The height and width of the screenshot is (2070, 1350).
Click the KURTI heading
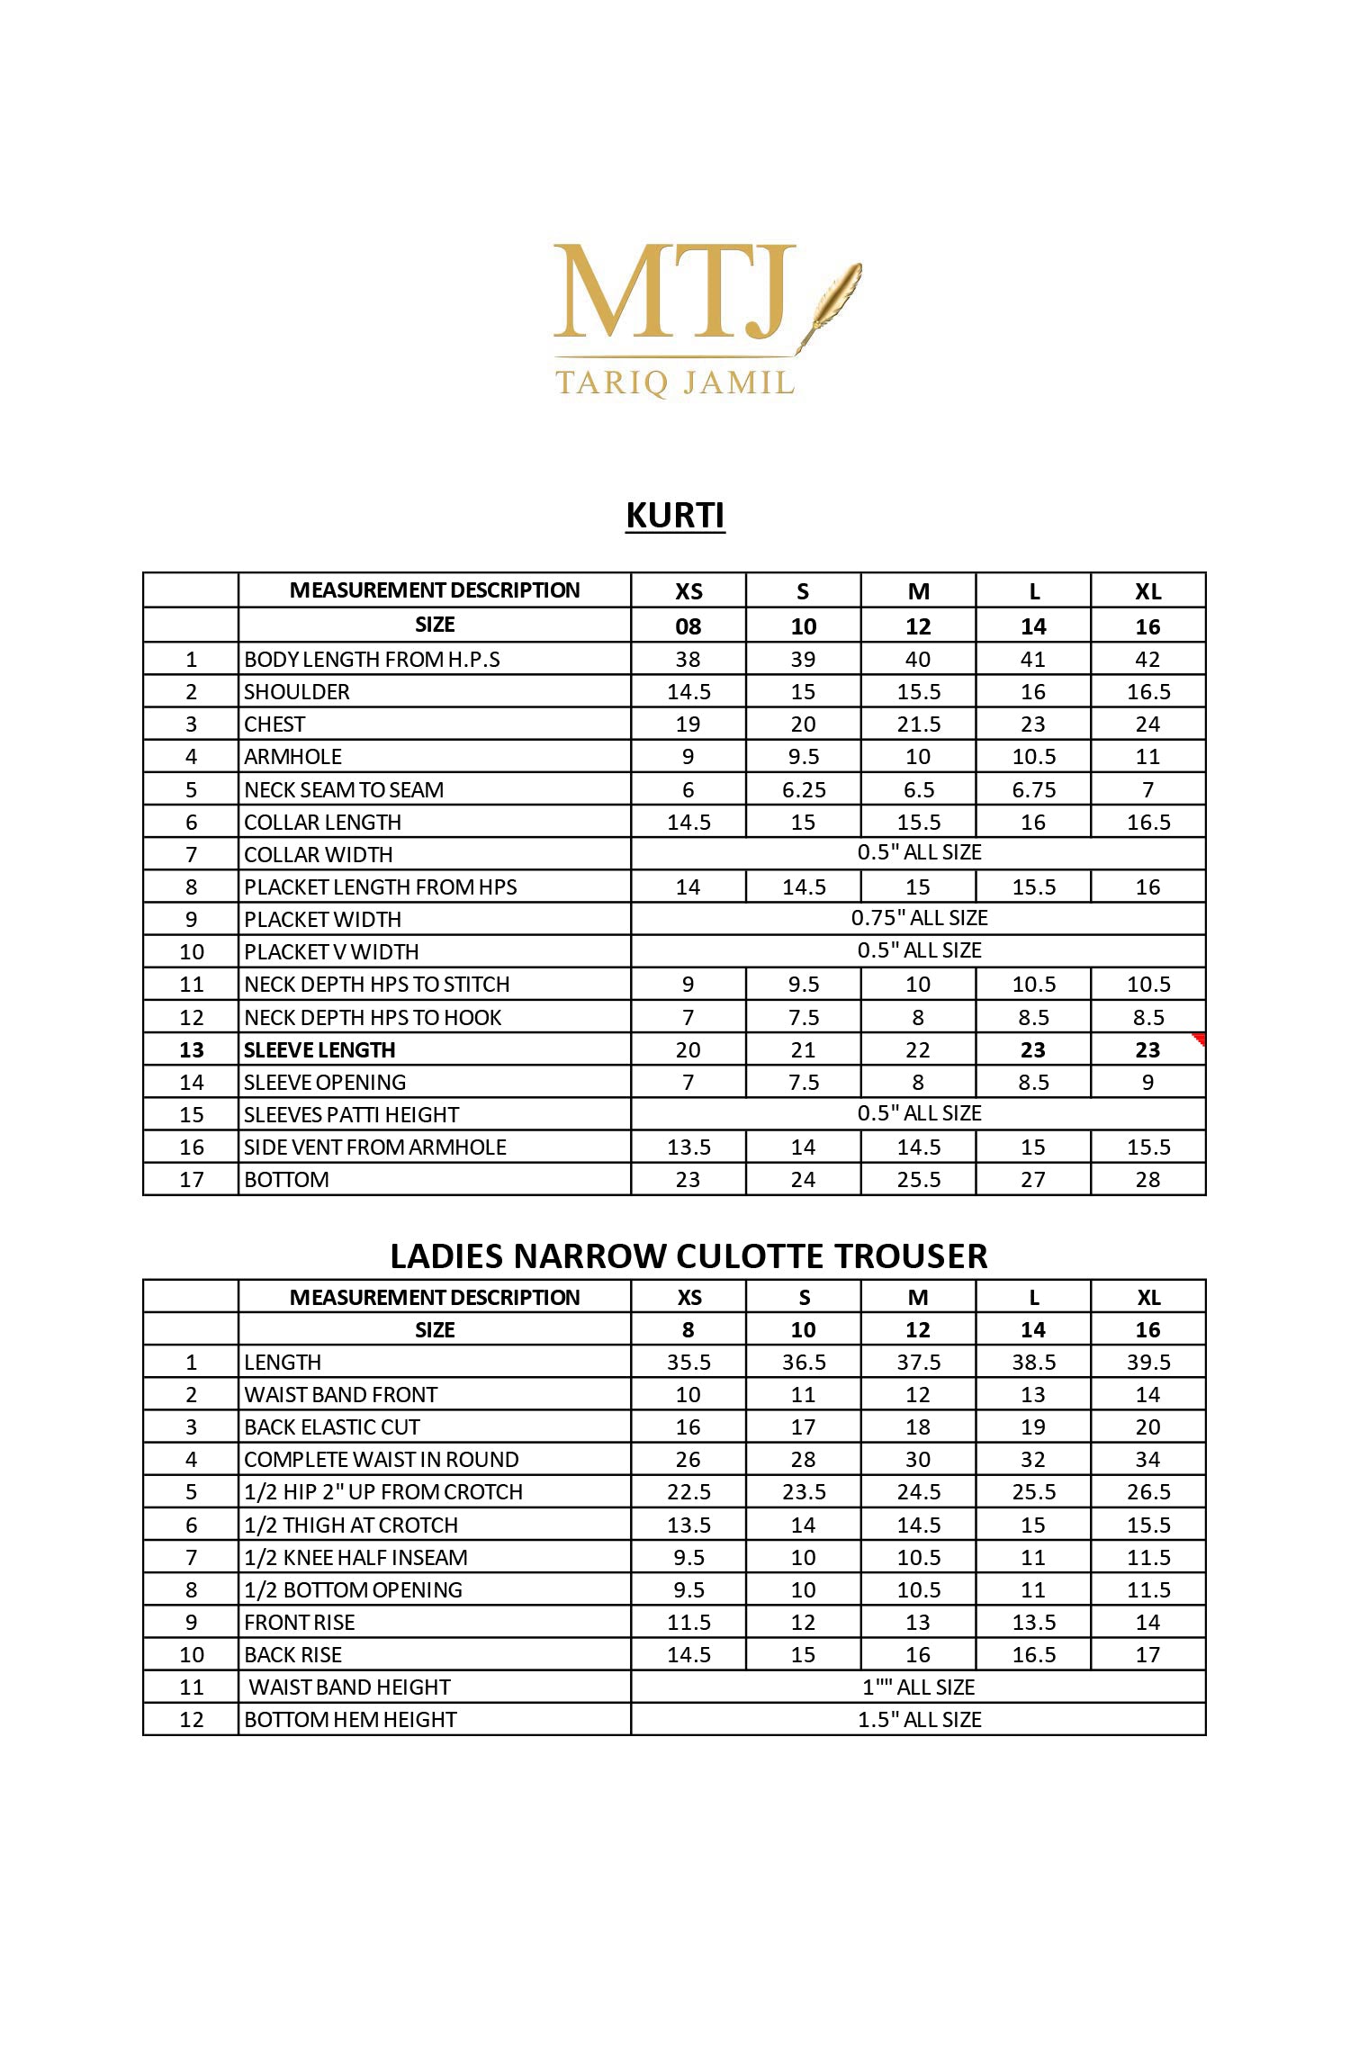coord(675,516)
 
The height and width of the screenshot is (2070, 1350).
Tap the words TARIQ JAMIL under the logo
coord(675,382)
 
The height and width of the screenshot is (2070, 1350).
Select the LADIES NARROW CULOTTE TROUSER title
coord(688,1255)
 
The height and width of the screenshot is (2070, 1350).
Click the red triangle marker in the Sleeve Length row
coord(1198,1040)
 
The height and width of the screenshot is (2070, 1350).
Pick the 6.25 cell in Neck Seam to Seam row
coord(804,790)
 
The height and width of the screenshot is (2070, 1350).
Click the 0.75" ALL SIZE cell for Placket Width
coord(919,918)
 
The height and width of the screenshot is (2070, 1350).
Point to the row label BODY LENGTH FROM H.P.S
coord(372,660)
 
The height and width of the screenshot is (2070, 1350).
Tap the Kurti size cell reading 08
coord(688,626)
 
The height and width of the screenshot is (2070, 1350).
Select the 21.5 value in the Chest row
coord(918,724)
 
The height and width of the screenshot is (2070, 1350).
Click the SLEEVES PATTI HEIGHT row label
coord(351,1115)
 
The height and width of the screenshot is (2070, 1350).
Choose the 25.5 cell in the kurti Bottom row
coord(918,1180)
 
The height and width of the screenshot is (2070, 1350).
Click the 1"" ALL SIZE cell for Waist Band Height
coord(919,1687)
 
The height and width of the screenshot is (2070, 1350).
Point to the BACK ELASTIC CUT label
coord(332,1427)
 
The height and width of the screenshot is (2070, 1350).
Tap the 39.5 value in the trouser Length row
coord(1148,1363)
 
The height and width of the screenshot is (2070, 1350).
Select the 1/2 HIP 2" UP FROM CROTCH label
coord(383,1492)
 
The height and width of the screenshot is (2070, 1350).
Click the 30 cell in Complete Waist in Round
coord(918,1460)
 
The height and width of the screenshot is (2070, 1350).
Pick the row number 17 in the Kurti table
coord(192,1180)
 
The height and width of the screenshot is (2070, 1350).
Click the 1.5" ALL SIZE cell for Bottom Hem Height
coord(919,1720)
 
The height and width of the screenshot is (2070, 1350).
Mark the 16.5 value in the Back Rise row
coord(1033,1655)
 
